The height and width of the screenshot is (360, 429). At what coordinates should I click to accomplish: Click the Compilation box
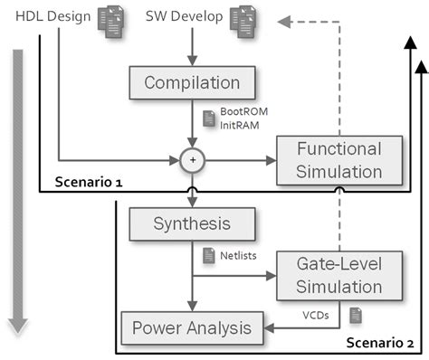click(x=186, y=84)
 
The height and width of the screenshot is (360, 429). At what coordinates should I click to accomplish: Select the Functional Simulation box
click(x=327, y=160)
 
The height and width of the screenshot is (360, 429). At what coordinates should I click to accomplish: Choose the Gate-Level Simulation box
click(x=327, y=275)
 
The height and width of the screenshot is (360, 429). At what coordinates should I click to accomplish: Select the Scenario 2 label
click(x=379, y=344)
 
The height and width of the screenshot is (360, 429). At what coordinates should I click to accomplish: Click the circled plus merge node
click(x=191, y=160)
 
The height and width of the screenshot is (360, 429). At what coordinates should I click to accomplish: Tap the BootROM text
click(x=238, y=111)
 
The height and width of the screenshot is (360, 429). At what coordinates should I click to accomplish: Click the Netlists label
click(x=238, y=256)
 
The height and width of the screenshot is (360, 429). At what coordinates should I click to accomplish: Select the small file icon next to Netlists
click(x=206, y=255)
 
